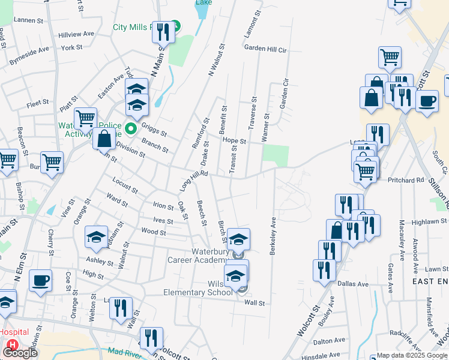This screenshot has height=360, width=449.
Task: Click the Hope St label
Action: click(x=234, y=141)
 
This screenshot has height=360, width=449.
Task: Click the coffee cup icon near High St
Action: click(x=41, y=280)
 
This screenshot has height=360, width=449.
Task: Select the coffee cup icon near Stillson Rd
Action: click(x=427, y=101)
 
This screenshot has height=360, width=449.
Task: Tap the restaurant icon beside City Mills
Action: click(x=163, y=31)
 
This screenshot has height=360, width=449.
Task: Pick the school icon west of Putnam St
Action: click(x=96, y=238)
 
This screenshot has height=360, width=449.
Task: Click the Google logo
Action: click(x=20, y=352)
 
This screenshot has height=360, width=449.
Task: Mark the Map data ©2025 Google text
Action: click(x=412, y=355)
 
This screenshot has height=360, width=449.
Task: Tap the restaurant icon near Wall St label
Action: click(x=121, y=308)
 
